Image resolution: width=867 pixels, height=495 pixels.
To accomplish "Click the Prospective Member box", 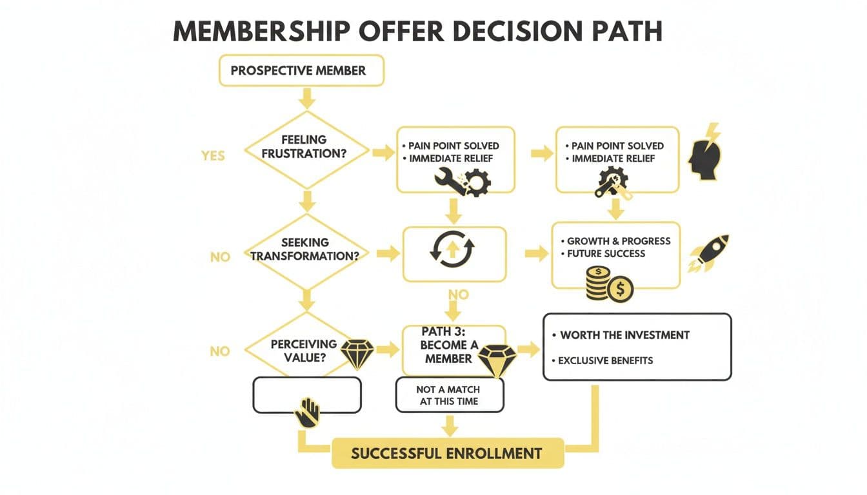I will (x=301, y=70).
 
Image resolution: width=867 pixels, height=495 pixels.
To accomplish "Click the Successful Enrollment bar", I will (x=447, y=453).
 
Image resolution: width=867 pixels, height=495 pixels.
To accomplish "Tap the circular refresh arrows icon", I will (x=452, y=249).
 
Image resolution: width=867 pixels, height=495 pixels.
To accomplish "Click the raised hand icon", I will (x=307, y=412).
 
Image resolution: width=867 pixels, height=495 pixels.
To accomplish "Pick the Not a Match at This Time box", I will (x=449, y=394).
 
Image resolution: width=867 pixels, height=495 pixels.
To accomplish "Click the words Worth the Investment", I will (x=624, y=335).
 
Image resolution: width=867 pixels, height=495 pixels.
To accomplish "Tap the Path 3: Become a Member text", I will (x=448, y=345).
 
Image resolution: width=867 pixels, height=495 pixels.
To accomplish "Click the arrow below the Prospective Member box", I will (x=307, y=97).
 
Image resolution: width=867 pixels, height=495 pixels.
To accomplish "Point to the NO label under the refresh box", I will (x=457, y=295).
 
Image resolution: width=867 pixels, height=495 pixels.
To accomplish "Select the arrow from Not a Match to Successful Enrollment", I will (x=450, y=425).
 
